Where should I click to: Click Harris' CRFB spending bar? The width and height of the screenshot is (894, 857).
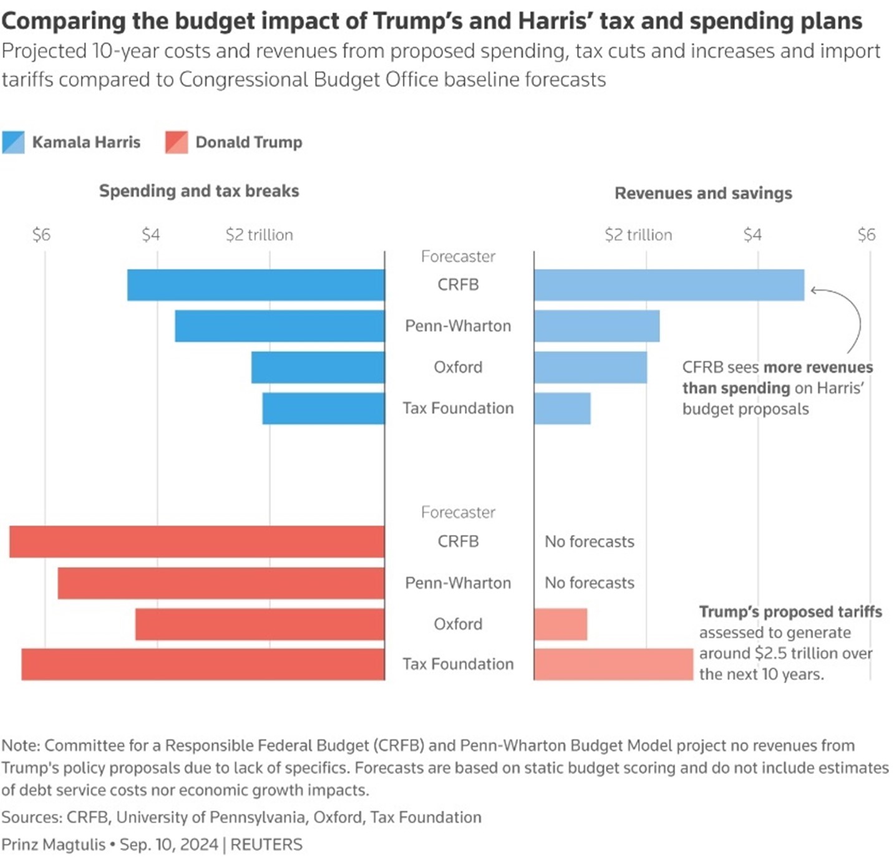click(256, 285)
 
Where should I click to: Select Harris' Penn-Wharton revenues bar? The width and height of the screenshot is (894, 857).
click(596, 326)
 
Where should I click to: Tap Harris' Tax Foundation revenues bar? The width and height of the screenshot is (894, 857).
click(562, 409)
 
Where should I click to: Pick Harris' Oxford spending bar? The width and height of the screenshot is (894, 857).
click(318, 367)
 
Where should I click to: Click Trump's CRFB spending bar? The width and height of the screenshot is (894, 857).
click(197, 541)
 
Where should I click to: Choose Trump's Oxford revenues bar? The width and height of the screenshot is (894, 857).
click(560, 624)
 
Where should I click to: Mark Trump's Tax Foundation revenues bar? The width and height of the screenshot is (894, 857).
click(613, 664)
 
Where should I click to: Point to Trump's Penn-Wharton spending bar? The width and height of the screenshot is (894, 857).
click(221, 583)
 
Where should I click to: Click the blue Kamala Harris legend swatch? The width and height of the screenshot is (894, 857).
click(13, 142)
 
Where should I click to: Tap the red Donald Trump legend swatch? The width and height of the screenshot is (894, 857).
click(177, 142)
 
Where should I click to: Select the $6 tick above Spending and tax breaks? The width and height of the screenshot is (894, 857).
click(41, 235)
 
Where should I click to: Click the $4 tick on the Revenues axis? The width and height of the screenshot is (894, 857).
click(752, 235)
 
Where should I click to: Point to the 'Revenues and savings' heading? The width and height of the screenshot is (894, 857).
click(703, 193)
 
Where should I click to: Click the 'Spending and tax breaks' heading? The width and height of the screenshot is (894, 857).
click(199, 191)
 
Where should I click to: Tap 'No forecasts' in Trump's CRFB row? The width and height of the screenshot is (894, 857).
click(589, 541)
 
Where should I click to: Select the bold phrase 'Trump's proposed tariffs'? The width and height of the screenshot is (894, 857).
click(790, 612)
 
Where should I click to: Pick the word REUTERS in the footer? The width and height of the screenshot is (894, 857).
click(266, 845)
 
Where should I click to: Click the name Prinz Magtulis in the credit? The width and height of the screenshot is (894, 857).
click(54, 845)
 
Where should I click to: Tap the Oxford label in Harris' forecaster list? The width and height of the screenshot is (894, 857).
click(458, 367)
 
